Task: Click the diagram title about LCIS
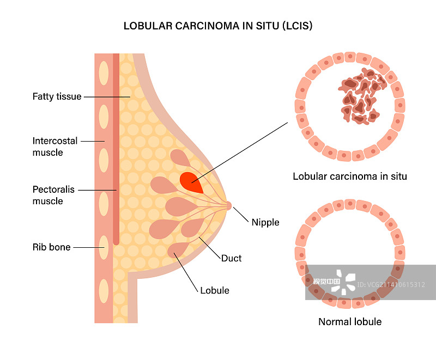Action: coord(218,26)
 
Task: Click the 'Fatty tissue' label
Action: coord(57,97)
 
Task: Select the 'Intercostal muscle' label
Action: coord(55,147)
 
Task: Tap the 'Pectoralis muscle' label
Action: coord(53,196)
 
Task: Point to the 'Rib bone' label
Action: coord(52,247)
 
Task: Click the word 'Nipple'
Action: coord(265,222)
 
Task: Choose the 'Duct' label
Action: coord(231,258)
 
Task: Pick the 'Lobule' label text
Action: coord(215,290)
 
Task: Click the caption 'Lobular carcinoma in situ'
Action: coord(350,176)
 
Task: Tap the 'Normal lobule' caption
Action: coord(350,321)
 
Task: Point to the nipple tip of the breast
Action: coord(229,206)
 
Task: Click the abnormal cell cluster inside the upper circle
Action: coord(361,97)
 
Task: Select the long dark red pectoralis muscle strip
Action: coord(116,147)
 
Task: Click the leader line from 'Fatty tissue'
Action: coord(106,97)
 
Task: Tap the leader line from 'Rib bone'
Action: coord(87,247)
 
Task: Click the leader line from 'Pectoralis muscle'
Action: coord(97,190)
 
